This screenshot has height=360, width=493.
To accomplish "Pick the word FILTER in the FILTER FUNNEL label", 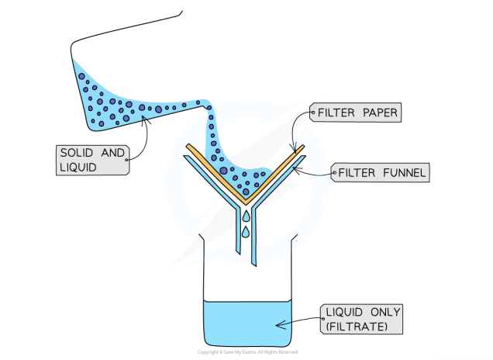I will tap(355, 172).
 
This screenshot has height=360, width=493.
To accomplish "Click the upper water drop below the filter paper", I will tap(245, 215).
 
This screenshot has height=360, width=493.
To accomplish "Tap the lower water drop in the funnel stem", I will tap(245, 232).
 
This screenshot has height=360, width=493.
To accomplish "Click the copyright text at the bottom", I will tap(246, 352).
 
